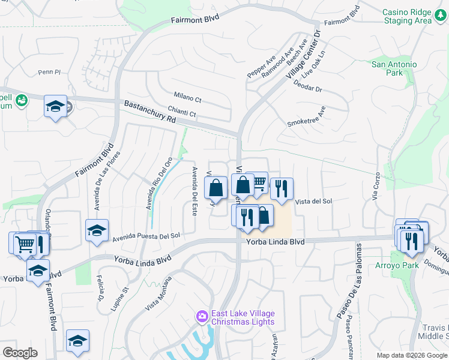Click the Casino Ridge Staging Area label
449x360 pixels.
coord(408,16)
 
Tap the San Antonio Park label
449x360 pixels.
coord(394,68)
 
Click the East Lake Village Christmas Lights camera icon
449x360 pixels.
coord(202,316)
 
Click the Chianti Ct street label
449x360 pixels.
coord(182,112)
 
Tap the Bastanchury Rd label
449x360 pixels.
coord(149,112)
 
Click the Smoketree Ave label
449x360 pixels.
coord(306,117)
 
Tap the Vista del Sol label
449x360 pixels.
coord(315,201)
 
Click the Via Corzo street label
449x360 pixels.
coord(376,187)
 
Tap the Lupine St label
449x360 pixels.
coord(120,298)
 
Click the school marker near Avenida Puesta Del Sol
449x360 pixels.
coord(97,230)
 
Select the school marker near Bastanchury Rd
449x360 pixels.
coord(55,106)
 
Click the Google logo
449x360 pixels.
coord(20,353)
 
